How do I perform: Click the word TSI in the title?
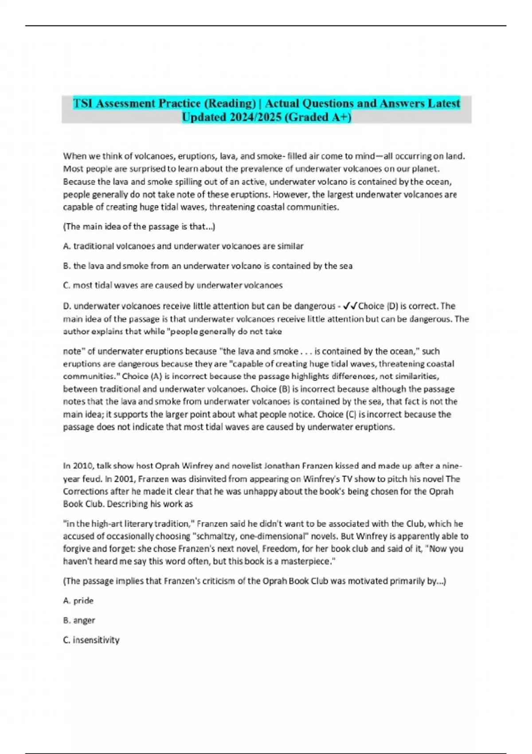(x=83, y=103)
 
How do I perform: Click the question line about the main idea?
(x=139, y=227)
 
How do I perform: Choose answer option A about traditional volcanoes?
(x=183, y=246)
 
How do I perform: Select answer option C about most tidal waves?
(x=172, y=285)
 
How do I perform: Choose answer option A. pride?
(x=78, y=601)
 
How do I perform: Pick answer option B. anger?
(x=79, y=620)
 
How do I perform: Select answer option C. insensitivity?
(x=91, y=640)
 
